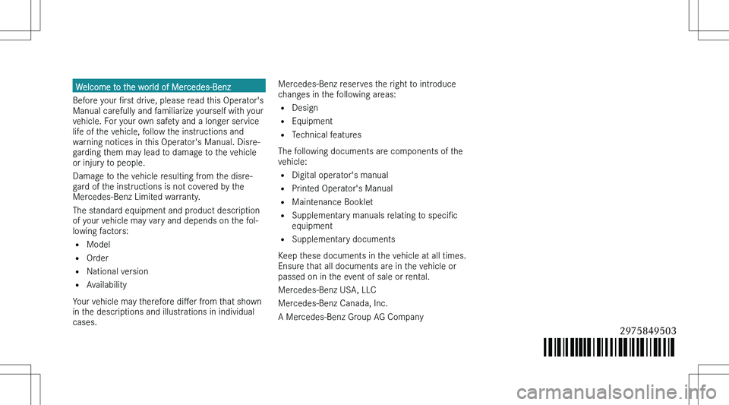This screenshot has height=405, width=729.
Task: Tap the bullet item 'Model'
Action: pos(99,245)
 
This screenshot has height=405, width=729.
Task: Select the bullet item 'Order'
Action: pos(98,258)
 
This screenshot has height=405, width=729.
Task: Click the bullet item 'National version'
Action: pos(118,271)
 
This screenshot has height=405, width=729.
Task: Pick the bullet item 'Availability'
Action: pos(107,285)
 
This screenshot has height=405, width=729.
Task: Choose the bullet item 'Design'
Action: pos(305,108)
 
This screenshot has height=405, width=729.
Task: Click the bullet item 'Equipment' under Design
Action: pos(311,121)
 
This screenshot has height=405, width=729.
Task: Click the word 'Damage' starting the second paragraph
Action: pos(90,176)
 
